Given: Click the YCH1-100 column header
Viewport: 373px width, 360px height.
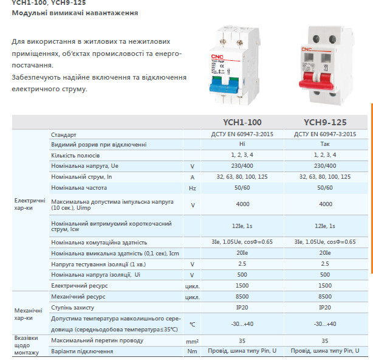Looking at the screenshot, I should click(242, 122).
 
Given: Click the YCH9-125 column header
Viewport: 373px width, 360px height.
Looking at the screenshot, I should click(325, 122).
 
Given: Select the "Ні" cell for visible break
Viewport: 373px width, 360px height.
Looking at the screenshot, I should click(242, 145).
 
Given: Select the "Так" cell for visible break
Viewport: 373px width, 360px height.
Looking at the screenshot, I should click(325, 145).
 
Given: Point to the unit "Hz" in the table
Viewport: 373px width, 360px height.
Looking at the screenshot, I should click(193, 188).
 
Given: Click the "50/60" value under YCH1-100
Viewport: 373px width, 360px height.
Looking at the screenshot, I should click(242, 188).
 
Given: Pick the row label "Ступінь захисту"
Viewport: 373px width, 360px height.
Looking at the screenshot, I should click(75, 307).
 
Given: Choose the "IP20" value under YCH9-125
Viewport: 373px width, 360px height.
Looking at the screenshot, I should click(325, 307).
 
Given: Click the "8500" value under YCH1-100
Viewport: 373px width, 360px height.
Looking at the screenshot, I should click(242, 296).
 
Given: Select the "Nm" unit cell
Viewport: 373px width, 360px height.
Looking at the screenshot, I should click(193, 351).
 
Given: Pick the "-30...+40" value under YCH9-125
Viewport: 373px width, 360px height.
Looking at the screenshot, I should click(325, 324).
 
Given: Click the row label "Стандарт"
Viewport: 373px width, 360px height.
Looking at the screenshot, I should click(64, 134).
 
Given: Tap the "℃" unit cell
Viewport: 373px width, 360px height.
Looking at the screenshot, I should click(193, 324).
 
